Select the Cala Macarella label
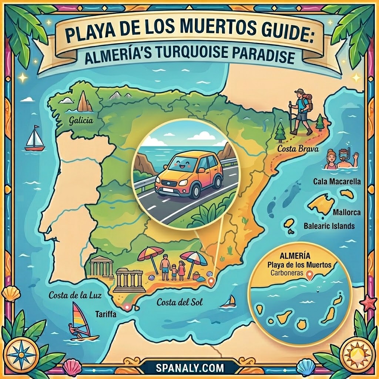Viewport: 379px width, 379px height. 337,182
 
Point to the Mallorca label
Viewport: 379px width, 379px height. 346,213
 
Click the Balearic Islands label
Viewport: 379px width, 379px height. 329,225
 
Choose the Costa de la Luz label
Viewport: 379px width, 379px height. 75,295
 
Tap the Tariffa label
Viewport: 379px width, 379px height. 106,315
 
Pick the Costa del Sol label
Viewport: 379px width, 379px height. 180,302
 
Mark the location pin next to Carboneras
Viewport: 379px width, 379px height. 310,274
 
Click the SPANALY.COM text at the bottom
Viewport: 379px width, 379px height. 189,368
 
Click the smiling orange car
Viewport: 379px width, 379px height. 189,174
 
